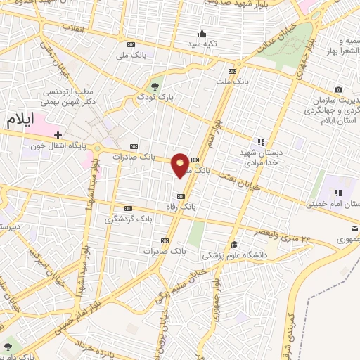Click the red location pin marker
coord(181,165)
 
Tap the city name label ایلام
coord(19,119)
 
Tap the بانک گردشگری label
coord(128,219)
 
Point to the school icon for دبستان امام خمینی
coord(338,192)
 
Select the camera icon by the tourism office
coord(339,89)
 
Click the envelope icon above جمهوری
coord(354,227)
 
